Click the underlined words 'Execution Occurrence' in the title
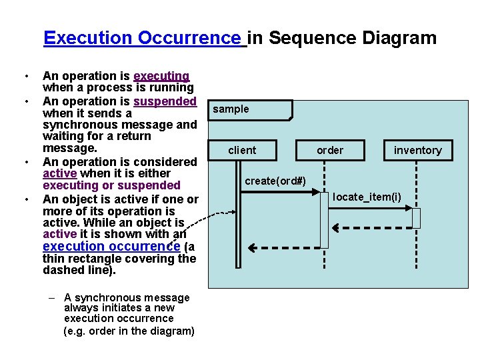click(x=143, y=37)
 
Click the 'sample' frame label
click(x=231, y=109)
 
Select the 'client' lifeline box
click(x=241, y=150)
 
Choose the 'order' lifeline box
click(x=330, y=150)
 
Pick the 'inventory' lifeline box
click(x=417, y=150)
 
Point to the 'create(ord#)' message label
click(x=275, y=181)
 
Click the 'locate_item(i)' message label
click(x=367, y=196)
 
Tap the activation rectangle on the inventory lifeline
click(x=417, y=218)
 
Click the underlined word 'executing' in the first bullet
click(x=161, y=76)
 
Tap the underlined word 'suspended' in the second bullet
click(x=165, y=101)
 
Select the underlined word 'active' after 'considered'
click(x=59, y=173)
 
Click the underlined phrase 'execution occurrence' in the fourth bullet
click(x=111, y=247)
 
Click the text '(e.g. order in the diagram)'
click(x=129, y=331)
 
